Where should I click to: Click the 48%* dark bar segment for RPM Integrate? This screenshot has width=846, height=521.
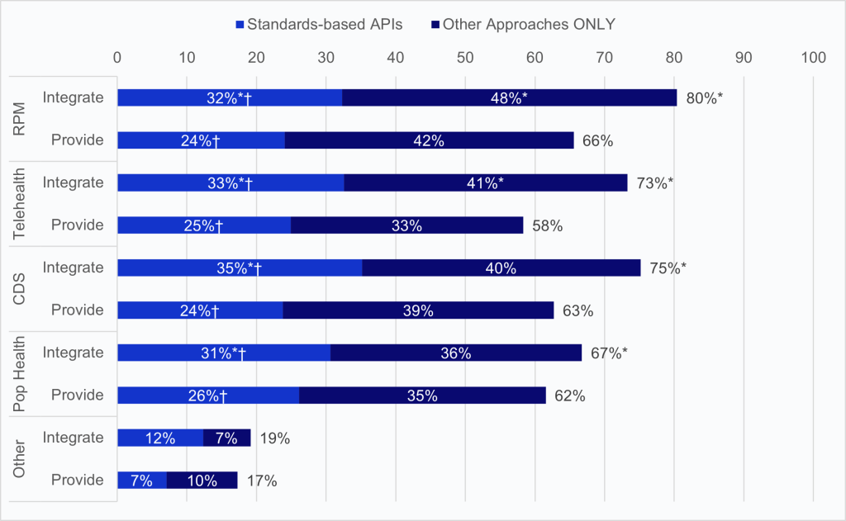click(509, 97)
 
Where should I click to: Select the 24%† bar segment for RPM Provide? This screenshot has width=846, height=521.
click(201, 140)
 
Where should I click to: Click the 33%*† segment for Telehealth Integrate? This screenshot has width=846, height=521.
click(231, 182)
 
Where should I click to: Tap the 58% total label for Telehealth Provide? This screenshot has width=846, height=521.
click(547, 225)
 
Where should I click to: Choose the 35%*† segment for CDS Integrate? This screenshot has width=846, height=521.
click(240, 268)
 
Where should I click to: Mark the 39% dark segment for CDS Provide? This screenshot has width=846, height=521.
click(418, 310)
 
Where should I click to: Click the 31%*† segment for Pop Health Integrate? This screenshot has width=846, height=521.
click(224, 353)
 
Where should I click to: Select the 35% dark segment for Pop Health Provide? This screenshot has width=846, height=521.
click(422, 395)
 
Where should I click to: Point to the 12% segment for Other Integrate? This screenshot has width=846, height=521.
click(160, 438)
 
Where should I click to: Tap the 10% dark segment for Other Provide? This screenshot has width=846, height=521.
click(202, 481)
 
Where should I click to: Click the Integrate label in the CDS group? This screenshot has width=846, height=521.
click(74, 268)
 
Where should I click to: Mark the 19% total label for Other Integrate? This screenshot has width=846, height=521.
click(275, 438)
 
